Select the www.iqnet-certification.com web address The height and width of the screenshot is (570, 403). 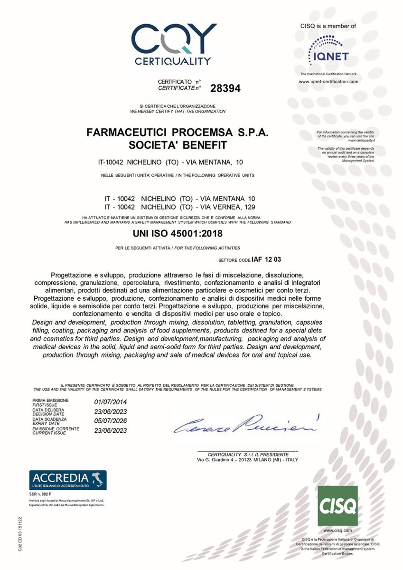tap(328, 82)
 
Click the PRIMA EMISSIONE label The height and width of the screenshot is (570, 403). tap(50, 401)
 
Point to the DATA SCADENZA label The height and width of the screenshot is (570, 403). tap(49, 419)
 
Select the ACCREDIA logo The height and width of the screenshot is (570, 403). tap(68, 480)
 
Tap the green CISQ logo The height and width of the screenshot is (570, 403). tap(337, 505)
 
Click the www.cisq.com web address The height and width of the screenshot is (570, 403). tap(337, 530)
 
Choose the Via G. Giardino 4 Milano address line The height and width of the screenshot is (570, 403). tap(247, 460)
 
